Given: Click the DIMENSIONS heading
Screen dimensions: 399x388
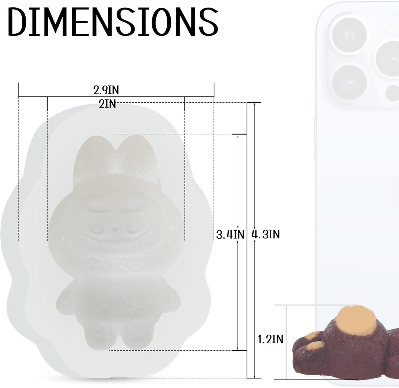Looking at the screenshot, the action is [x=113, y=22].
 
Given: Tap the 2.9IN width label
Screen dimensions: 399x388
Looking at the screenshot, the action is [x=106, y=90].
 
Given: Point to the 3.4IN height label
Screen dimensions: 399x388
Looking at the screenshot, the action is [x=230, y=234].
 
